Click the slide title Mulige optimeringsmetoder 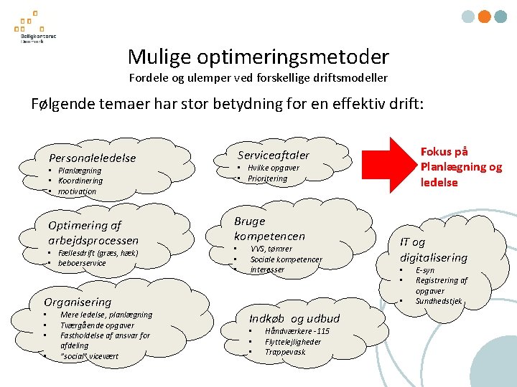pos(258,57)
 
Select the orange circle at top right pos(485,16)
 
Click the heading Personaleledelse pos(92,158)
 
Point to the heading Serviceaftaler pos(274,155)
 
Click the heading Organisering pos(78,302)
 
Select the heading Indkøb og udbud pos(294,318)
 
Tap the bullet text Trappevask pos(285,352)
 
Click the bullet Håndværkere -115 pos(297,331)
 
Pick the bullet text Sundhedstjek pos(439,301)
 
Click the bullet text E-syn pos(425,271)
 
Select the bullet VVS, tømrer pos(271,249)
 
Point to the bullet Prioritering pos(267,178)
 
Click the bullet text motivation pos(77,191)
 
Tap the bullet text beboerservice pos(82,263)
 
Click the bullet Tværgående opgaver pos(97,325)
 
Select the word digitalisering pos(434,257)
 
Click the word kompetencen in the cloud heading pos(269,236)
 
